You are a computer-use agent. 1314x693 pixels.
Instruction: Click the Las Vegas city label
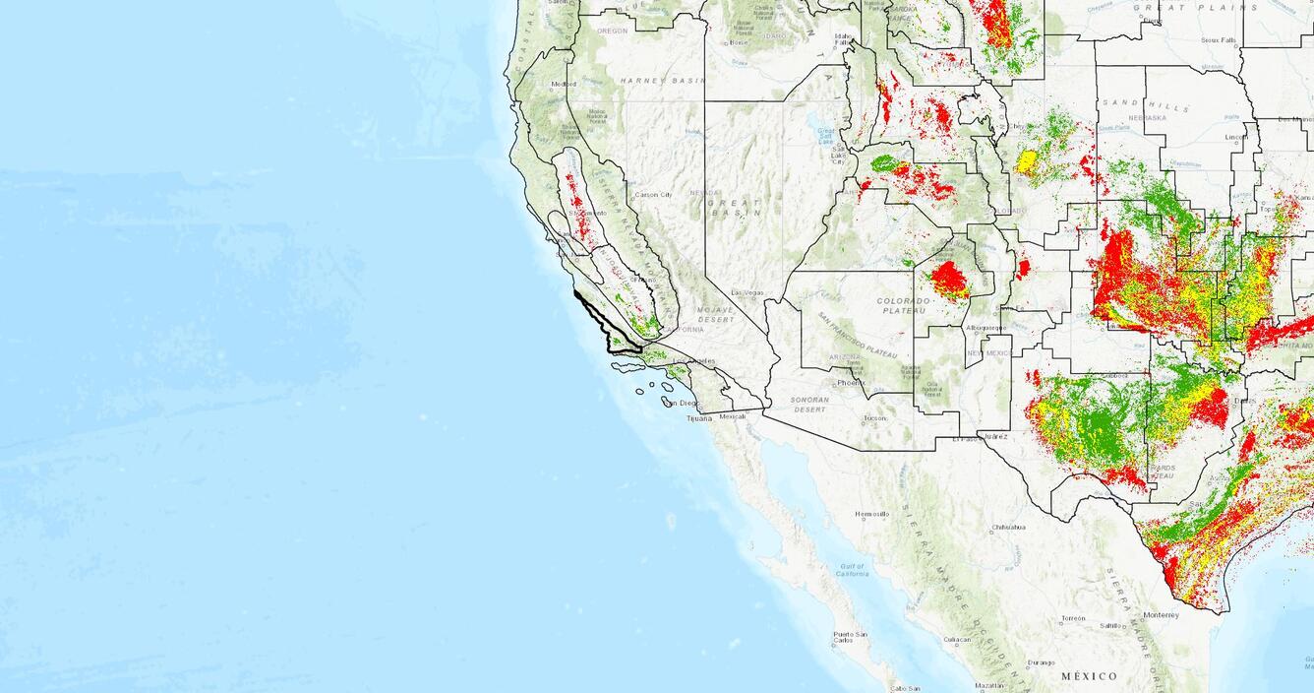[x=748, y=292]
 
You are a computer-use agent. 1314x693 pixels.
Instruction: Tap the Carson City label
[x=653, y=194]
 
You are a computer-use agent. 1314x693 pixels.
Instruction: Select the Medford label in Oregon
[x=564, y=84]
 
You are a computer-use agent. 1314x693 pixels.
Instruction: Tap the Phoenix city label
[x=849, y=383]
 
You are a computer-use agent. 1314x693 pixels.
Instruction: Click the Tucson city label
[x=874, y=418]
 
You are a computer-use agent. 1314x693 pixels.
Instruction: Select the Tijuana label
[x=698, y=418]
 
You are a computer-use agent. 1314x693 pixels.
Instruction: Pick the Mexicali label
[x=733, y=415]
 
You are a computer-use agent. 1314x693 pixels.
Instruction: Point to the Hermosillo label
[x=871, y=514]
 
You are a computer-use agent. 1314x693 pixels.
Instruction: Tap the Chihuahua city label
[x=1008, y=527]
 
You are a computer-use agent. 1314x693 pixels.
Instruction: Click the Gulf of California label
[x=852, y=570]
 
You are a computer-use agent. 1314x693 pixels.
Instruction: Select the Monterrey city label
[x=1161, y=615]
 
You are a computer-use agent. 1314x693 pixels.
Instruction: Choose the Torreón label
[x=1073, y=618]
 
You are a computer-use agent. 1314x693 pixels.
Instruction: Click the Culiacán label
[x=956, y=640]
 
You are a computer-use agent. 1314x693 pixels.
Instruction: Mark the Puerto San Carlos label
[x=850, y=637]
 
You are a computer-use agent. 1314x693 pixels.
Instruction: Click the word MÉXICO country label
[x=1089, y=676]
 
